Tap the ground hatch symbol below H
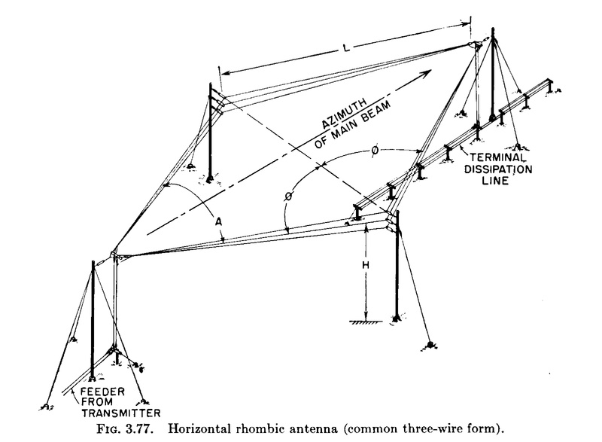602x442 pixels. click(364, 323)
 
